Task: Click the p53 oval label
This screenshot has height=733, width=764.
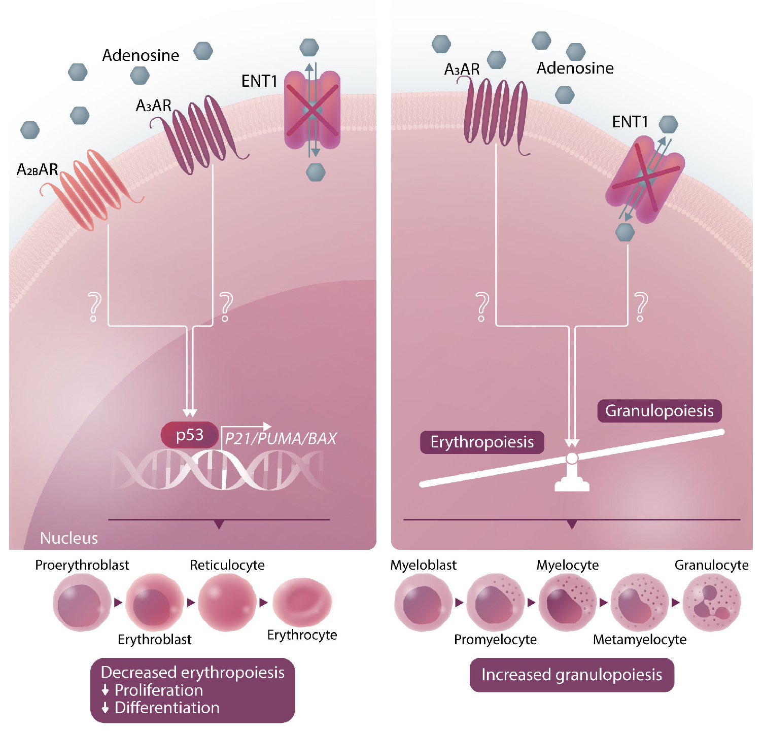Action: click(x=190, y=435)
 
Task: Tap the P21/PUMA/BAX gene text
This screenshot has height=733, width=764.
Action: click(x=281, y=438)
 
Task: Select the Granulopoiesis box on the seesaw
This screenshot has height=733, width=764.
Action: click(x=659, y=410)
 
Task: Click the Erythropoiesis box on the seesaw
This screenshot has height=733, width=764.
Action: click(x=482, y=442)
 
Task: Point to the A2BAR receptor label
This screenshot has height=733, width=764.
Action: click(x=38, y=169)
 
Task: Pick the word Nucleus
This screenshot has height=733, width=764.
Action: click(x=69, y=538)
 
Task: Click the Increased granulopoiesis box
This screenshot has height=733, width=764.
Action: click(x=572, y=675)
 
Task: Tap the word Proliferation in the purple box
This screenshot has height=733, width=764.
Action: click(x=159, y=690)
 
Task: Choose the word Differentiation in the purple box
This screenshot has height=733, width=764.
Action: click(x=167, y=708)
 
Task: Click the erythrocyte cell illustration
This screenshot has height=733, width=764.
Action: click(x=302, y=602)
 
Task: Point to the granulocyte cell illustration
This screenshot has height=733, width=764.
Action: click(x=712, y=603)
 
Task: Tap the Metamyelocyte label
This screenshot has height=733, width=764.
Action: click(x=640, y=640)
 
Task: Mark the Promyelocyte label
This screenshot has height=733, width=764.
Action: click(x=495, y=640)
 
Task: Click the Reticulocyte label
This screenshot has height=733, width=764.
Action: click(x=227, y=565)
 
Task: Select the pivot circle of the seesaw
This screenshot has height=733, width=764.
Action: click(x=572, y=459)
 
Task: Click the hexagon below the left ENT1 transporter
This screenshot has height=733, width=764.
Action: click(x=316, y=172)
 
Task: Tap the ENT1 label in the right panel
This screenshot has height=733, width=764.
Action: click(x=630, y=122)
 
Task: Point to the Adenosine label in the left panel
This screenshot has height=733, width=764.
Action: click(x=141, y=55)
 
